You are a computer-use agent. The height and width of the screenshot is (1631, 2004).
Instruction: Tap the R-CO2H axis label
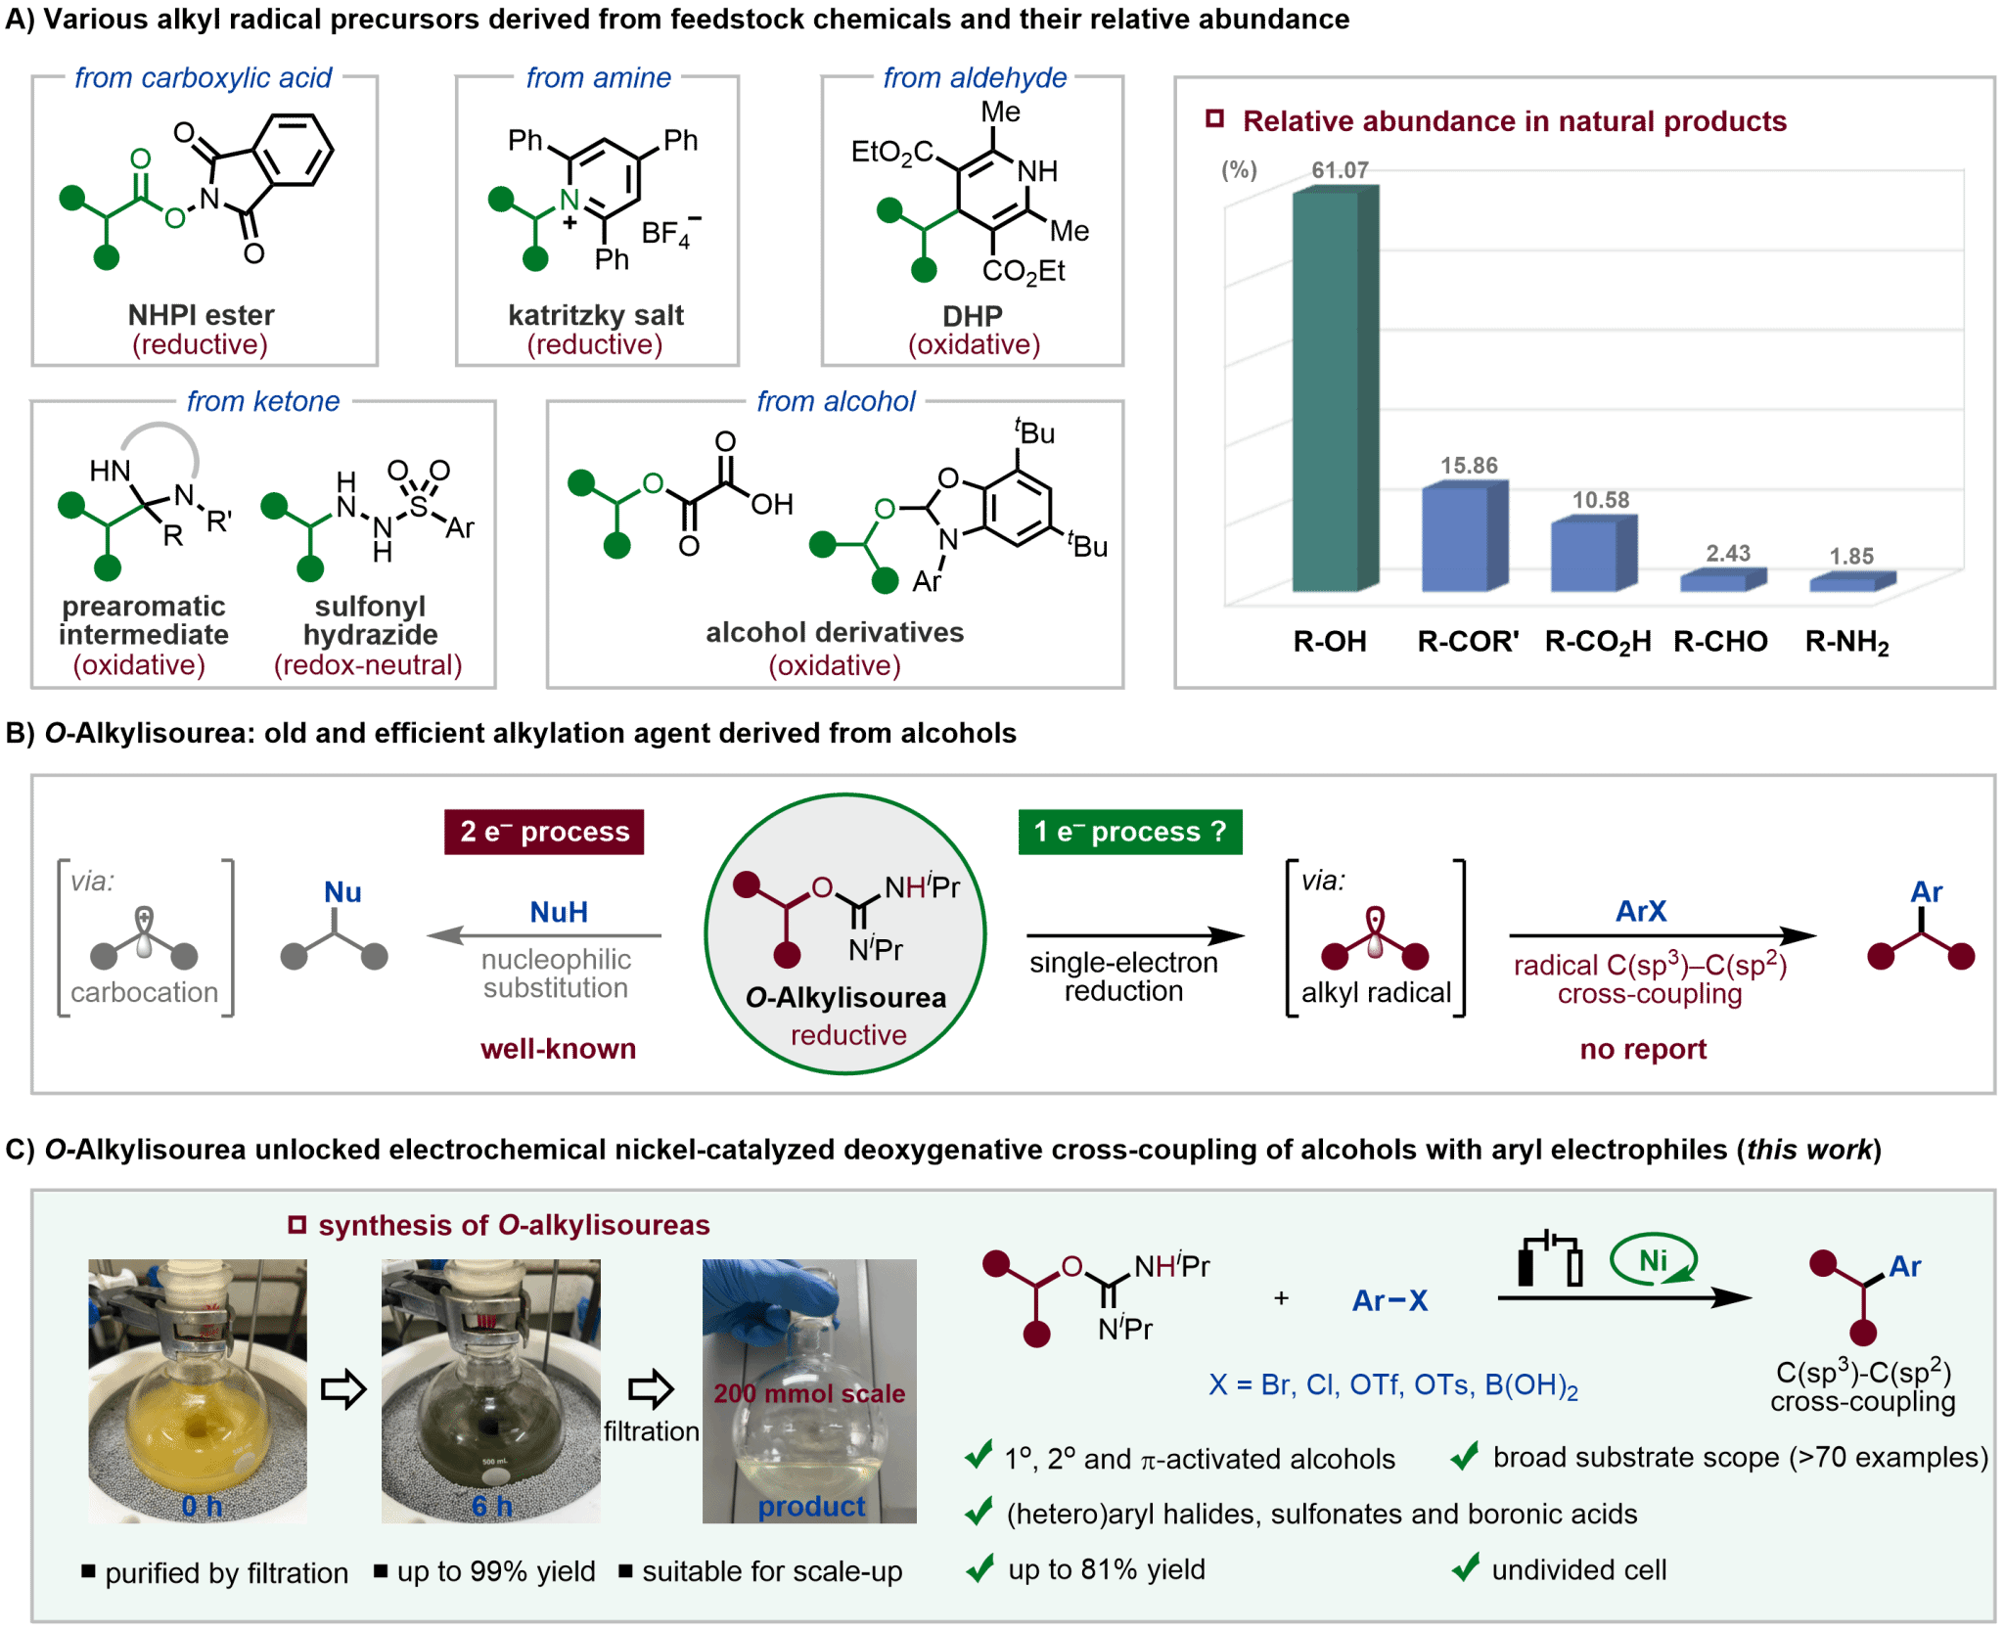click(x=1597, y=642)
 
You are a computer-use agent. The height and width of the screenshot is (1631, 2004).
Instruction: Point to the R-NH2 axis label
click(x=1847, y=642)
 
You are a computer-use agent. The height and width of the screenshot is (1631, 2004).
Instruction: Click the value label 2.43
click(x=1728, y=553)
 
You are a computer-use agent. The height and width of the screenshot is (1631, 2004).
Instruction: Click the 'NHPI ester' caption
click(x=201, y=315)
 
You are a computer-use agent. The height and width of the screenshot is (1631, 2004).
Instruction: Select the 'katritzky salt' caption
click(x=596, y=315)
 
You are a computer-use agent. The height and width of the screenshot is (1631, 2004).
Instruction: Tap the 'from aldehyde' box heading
click(x=975, y=77)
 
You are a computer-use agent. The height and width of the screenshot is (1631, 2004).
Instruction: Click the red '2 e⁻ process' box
click(x=545, y=832)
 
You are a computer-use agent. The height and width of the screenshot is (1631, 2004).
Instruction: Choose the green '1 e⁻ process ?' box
click(x=1130, y=832)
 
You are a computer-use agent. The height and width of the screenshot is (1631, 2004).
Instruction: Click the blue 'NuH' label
click(x=559, y=912)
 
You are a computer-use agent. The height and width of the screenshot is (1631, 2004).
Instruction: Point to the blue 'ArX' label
click(x=1641, y=912)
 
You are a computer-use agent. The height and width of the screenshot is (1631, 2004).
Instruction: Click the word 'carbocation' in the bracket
click(x=145, y=993)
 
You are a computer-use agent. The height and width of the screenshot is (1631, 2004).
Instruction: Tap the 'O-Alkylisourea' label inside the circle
click(x=846, y=998)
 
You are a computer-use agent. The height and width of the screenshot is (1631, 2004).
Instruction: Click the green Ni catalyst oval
click(x=1654, y=1260)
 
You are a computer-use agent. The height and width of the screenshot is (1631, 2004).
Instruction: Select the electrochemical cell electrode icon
click(x=1550, y=1260)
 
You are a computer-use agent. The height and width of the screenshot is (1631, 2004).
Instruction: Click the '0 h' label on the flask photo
click(x=202, y=1506)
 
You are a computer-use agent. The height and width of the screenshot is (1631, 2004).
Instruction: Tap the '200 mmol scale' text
click(x=809, y=1393)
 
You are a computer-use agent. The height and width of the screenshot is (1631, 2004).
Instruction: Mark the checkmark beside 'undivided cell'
click(x=1465, y=1568)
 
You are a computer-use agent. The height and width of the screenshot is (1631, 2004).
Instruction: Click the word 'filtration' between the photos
click(x=651, y=1431)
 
